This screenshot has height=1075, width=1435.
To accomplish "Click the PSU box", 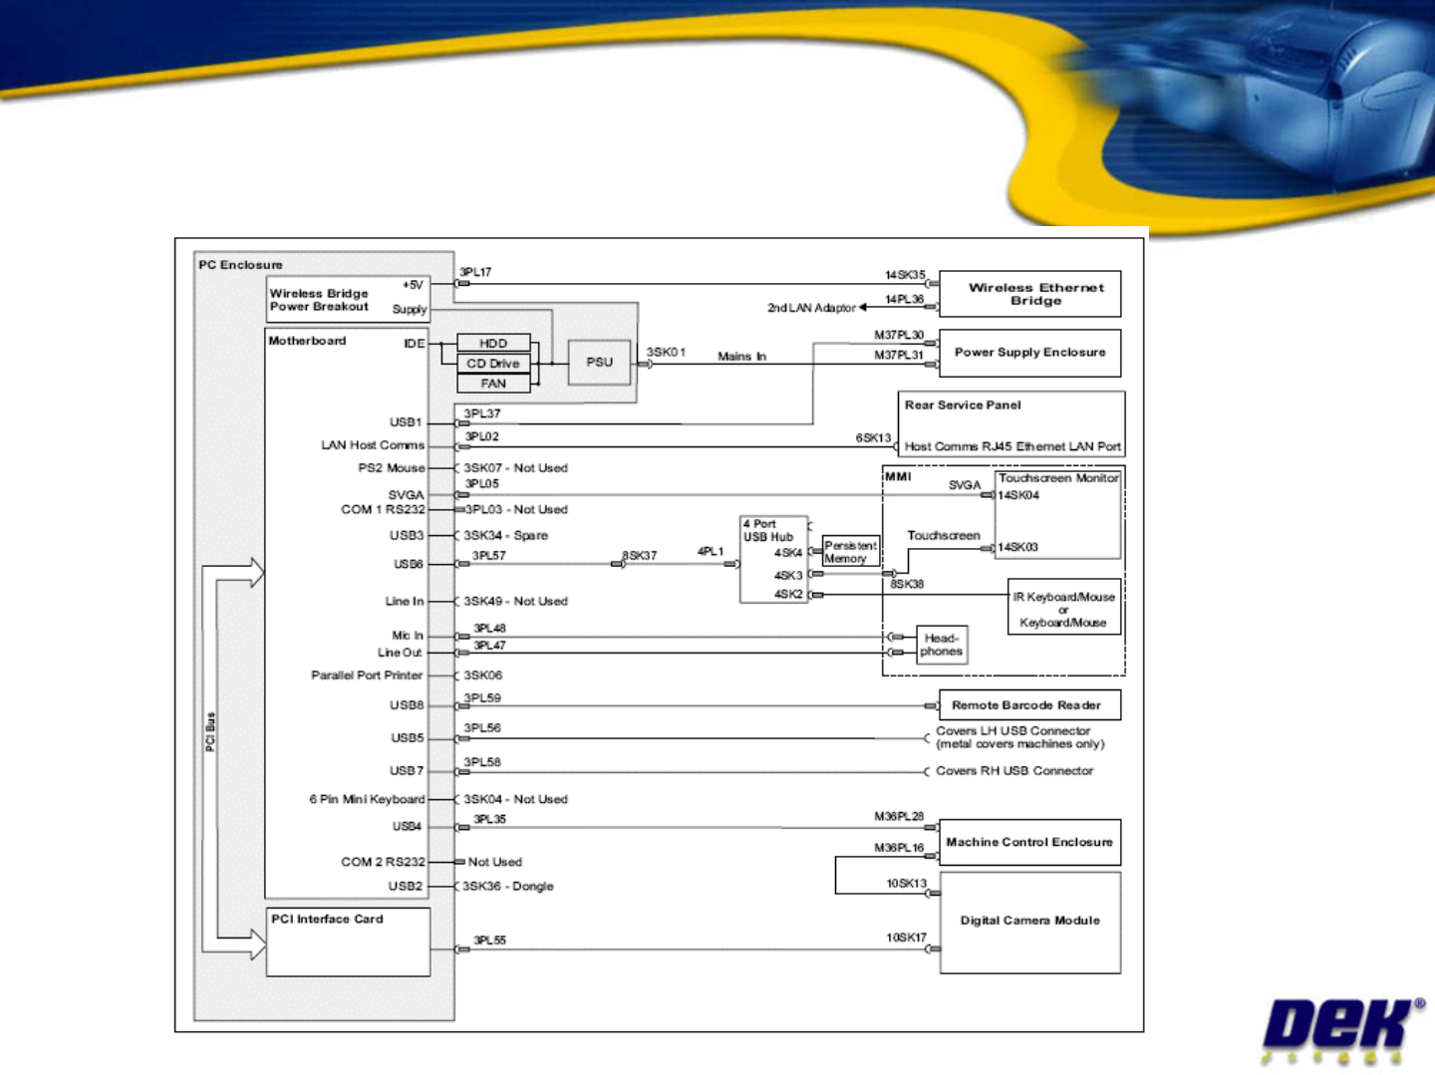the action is coord(600,362).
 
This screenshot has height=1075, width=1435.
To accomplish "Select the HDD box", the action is coord(493,343).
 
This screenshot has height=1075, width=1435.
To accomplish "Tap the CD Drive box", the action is coord(493,364).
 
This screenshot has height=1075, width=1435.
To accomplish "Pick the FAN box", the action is coord(493,384).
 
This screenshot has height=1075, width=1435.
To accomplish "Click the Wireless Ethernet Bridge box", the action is coord(1029,294).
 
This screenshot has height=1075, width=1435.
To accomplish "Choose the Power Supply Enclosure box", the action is coord(1029,353).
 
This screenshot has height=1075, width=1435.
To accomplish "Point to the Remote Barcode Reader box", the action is coord(1029,705).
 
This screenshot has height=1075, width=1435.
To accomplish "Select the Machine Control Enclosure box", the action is coord(1029,842).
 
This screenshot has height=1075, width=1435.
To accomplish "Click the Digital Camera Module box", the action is coord(1029,923).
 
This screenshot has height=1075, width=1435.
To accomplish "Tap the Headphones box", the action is coord(942,645).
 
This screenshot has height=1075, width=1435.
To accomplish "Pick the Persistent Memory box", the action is coord(851,552).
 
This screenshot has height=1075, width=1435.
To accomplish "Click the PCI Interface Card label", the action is coord(327,919).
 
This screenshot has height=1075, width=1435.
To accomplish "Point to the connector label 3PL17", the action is coord(475,272).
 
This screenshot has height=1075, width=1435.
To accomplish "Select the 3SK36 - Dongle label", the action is coord(508,886).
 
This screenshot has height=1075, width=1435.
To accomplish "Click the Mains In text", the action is coord(741,356).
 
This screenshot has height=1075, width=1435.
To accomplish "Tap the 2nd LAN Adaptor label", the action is coord(811,308).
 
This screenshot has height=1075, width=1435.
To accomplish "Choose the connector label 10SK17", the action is coord(906,938).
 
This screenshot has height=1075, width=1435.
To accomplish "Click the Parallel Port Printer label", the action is coord(367,675).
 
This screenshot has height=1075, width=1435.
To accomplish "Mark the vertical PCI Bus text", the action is coord(210,731).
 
